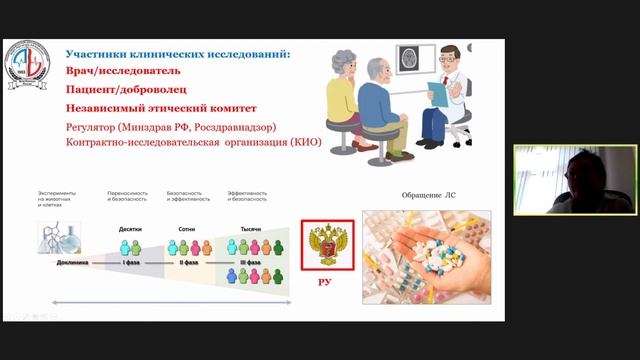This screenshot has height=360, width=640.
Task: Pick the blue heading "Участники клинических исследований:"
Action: pyautogui.click(x=178, y=53)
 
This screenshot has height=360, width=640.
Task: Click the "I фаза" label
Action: pyautogui.click(x=131, y=262)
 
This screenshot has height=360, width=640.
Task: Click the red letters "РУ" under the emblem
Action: pyautogui.click(x=324, y=282)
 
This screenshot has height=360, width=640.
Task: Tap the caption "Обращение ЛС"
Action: pyautogui.click(x=412, y=192)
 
